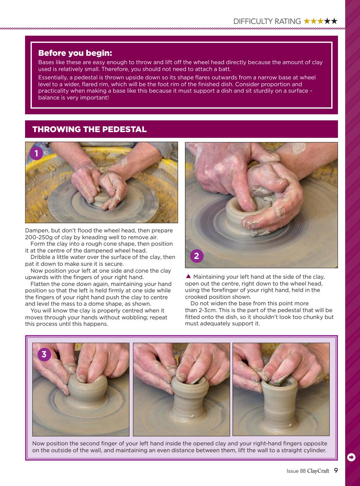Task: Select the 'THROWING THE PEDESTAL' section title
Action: (x=90, y=129)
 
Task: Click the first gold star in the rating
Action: (x=307, y=22)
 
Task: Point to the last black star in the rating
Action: (x=334, y=22)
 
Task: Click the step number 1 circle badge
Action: (x=36, y=154)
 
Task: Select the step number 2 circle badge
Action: (x=196, y=256)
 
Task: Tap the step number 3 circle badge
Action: (x=44, y=355)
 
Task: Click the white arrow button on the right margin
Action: (x=351, y=457)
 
